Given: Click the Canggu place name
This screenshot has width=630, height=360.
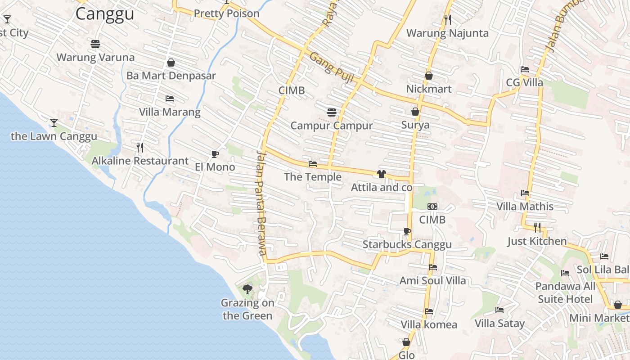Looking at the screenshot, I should pyautogui.click(x=104, y=13).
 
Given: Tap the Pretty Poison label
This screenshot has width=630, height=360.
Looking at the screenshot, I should pyautogui.click(x=226, y=13).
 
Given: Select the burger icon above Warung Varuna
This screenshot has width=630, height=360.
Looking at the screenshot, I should pyautogui.click(x=95, y=44).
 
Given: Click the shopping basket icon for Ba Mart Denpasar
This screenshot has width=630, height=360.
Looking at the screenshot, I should pyautogui.click(x=171, y=63).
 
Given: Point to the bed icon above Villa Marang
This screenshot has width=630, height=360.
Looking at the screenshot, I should pyautogui.click(x=170, y=99).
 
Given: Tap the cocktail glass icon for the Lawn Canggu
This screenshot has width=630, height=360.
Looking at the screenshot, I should pyautogui.click(x=54, y=122).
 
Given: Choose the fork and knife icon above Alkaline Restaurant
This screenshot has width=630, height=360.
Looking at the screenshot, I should pyautogui.click(x=140, y=147).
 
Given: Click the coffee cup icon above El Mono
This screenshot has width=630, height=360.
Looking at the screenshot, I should pyautogui.click(x=215, y=154).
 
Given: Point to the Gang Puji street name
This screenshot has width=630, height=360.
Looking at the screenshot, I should pyautogui.click(x=332, y=68).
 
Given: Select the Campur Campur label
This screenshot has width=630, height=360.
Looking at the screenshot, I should pyautogui.click(x=332, y=126).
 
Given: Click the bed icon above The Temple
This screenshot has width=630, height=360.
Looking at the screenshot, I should pyautogui.click(x=313, y=164).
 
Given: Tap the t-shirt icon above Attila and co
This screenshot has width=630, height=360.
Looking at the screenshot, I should pyautogui.click(x=382, y=174).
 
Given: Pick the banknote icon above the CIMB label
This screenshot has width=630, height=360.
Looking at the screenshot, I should pyautogui.click(x=432, y=207).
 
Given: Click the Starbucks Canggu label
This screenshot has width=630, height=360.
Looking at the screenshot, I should pyautogui.click(x=407, y=245).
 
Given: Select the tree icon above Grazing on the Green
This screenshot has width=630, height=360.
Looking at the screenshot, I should pyautogui.click(x=247, y=289).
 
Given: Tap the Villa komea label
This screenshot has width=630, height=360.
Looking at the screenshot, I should pyautogui.click(x=428, y=324).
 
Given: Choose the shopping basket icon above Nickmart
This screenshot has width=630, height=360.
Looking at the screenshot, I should pyautogui.click(x=428, y=76).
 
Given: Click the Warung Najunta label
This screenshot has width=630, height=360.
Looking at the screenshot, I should pyautogui.click(x=447, y=33).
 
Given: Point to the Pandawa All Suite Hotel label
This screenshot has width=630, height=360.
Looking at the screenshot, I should pyautogui.click(x=565, y=292).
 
